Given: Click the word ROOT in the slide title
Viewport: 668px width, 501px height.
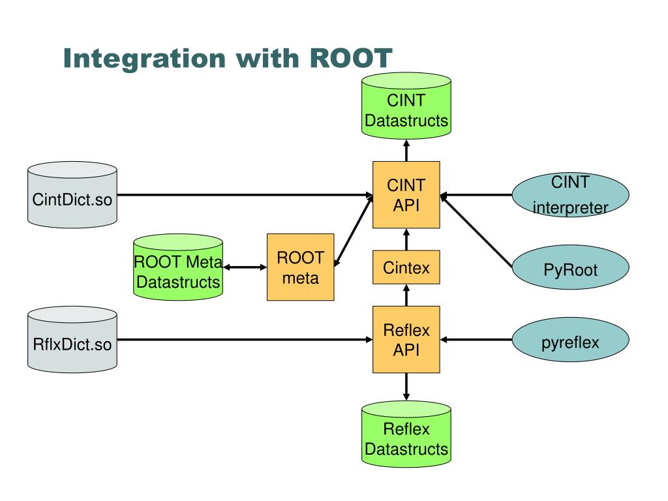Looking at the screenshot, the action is pos(350,58).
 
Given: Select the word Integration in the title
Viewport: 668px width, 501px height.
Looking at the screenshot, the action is pos(144,59).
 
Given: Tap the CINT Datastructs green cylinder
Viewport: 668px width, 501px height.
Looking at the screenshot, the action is pos(406,106).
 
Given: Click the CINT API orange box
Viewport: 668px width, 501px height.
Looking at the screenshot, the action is pos(406,194).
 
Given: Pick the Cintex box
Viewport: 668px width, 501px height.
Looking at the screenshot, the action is pos(406,267).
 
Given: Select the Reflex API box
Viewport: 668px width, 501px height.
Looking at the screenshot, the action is pos(406,339).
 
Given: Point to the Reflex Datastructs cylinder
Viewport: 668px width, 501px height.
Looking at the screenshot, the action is pos(406,434).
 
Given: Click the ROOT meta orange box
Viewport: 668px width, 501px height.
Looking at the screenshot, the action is pos(300,267).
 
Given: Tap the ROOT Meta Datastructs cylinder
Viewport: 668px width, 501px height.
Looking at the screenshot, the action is pos(178,267).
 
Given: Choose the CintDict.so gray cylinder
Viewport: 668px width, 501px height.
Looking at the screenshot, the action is pos(72,194).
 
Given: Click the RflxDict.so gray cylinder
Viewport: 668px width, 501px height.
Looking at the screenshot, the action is pos(72,339).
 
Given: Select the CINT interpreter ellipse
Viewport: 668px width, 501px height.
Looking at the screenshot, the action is pos(570,194).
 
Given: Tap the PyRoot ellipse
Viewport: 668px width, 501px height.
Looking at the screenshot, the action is pos(570,267).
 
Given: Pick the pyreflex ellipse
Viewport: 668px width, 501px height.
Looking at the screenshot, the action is pos(570,339).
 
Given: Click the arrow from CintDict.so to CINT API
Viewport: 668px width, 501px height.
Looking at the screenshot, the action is pos(245,194).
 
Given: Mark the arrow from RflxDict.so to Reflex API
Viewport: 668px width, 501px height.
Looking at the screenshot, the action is pos(245,339).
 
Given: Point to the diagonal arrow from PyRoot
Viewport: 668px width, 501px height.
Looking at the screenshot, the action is pos(476,230).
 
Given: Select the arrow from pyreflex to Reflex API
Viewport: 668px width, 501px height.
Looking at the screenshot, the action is pos(476,339).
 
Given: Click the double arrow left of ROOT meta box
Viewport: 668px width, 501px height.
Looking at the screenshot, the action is pos(245,267).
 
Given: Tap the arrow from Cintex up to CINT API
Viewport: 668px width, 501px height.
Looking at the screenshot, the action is pos(406,239).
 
